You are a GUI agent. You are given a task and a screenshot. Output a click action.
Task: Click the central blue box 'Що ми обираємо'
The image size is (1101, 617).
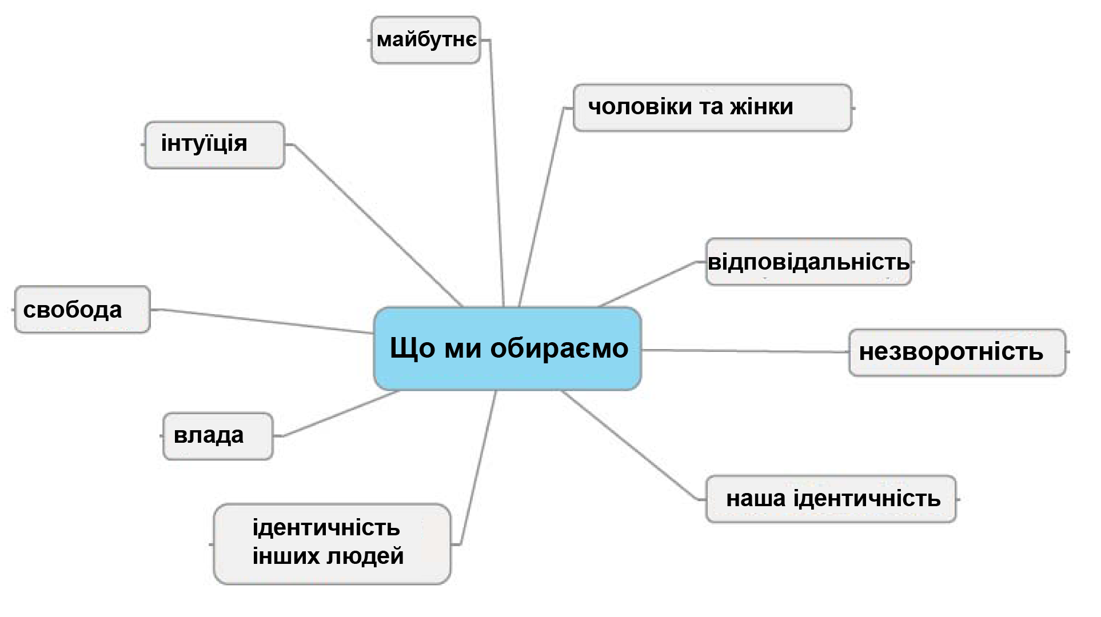tap(508, 348)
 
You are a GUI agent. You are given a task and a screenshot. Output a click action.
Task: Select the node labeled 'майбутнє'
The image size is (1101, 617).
tap(426, 40)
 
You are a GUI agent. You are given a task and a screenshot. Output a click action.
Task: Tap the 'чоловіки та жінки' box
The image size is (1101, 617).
tap(712, 108)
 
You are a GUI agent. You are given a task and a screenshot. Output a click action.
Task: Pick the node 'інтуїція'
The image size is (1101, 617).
tap(214, 145)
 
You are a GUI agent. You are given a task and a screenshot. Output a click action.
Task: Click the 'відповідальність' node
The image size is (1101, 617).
tap(808, 262)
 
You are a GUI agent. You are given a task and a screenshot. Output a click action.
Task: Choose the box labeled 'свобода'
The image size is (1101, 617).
tap(82, 309)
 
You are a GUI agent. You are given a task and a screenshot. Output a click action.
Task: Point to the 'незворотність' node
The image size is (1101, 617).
tap(958, 352)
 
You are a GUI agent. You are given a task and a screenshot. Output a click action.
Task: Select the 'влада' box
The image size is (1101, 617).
tap(218, 436)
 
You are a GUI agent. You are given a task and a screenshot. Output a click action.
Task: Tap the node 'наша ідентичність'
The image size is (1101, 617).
tap(831, 499)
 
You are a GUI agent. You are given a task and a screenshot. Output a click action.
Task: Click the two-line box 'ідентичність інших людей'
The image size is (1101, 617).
tap(332, 544)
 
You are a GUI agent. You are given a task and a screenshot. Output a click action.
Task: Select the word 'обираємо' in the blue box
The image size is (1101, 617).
tap(559, 348)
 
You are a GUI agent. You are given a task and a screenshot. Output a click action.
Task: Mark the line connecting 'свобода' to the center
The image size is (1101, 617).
tap(262, 321)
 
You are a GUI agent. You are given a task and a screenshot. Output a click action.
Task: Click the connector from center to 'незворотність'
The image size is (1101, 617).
tap(745, 351)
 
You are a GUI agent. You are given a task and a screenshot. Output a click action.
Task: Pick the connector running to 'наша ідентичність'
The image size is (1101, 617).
tap(633, 446)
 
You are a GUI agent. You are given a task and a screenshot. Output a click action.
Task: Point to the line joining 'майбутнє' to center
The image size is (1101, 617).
tap(496, 174)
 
